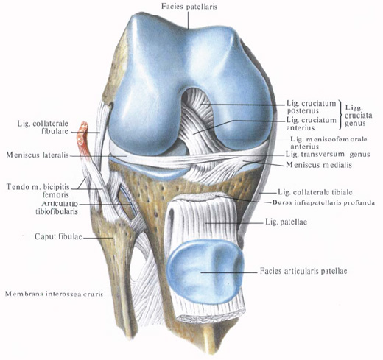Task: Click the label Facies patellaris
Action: [x=189, y=7]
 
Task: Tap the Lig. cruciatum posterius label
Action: [x=311, y=107]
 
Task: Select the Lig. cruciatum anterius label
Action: [x=311, y=124]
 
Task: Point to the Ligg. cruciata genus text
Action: [x=358, y=116]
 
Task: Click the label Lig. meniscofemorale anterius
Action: [x=328, y=143]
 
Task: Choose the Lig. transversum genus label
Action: [x=328, y=155]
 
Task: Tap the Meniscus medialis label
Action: [x=319, y=165]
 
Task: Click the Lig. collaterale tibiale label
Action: [x=315, y=192]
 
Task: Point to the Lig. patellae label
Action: [x=286, y=222]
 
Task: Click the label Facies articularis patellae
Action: [x=303, y=271]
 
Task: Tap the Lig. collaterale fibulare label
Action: [x=43, y=127]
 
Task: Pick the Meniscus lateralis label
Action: [x=38, y=155]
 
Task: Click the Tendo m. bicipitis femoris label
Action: [x=38, y=191]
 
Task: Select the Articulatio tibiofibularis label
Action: [x=57, y=208]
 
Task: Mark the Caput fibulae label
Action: [x=58, y=236]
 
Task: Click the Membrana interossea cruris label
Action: [x=54, y=294]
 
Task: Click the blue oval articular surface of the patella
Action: [x=205, y=272]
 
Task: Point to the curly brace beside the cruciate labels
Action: [x=340, y=114]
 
